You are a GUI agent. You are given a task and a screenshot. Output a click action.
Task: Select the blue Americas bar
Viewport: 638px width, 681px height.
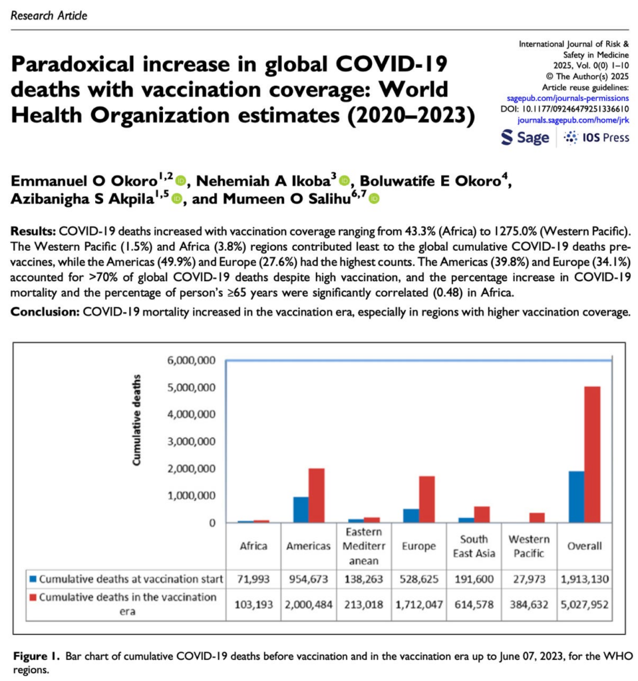tap(301, 509)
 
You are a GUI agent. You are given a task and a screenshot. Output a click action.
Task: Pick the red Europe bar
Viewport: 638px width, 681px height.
tap(426, 499)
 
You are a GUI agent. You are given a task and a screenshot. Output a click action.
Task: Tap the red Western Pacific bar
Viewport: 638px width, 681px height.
tap(536, 517)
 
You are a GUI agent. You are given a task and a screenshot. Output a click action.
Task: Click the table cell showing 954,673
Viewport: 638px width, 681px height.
tap(309, 579)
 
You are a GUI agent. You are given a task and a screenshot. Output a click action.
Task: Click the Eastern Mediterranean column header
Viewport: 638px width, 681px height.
tap(364, 546)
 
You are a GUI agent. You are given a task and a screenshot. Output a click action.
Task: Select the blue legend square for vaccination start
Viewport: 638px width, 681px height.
tap(33, 579)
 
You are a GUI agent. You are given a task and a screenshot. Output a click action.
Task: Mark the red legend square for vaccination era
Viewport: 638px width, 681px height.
tap(33, 597)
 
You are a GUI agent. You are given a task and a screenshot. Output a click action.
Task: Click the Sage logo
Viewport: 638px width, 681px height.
tap(526, 138)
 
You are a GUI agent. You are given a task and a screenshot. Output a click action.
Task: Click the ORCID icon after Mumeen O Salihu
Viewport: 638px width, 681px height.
tap(374, 198)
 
